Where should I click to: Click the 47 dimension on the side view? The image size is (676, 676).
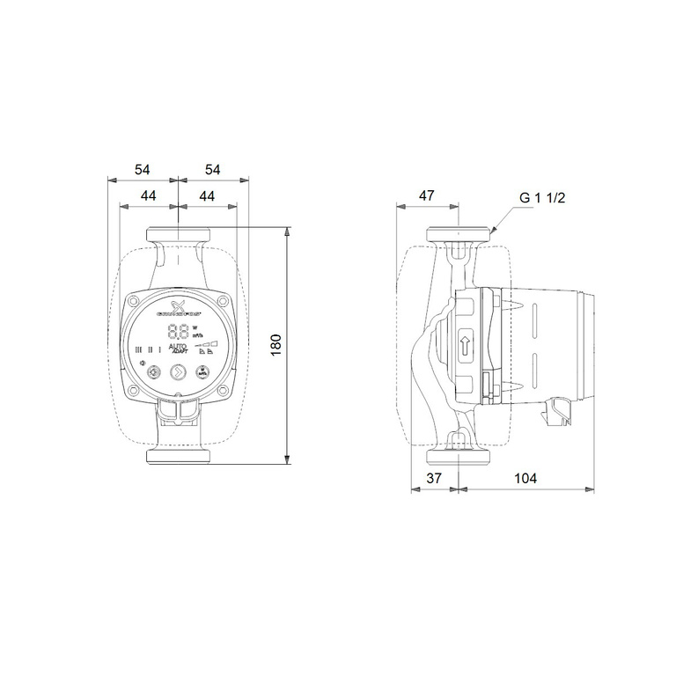click(x=426, y=195)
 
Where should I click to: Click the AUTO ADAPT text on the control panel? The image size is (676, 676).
click(x=177, y=349)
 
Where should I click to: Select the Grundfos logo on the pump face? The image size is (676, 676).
click(x=178, y=307)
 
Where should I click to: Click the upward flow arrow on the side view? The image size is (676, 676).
click(x=464, y=344)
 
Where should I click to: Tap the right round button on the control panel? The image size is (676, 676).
click(x=202, y=371)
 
